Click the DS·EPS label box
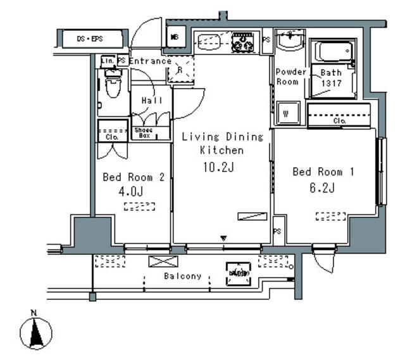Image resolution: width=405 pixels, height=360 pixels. pyautogui.click(x=90, y=39)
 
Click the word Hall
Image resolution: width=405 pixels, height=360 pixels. pyautogui.click(x=152, y=101)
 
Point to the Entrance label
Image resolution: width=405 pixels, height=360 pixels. pyautogui.click(x=150, y=61)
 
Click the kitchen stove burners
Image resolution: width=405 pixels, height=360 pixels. pyautogui.click(x=242, y=42)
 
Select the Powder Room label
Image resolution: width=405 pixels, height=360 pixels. pyautogui.click(x=291, y=77)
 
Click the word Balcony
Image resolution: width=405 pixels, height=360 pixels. pyautogui.click(x=183, y=276)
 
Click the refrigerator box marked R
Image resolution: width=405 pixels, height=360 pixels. pyautogui.click(x=180, y=71)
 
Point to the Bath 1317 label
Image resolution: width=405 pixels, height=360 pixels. pyautogui.click(x=331, y=78)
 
